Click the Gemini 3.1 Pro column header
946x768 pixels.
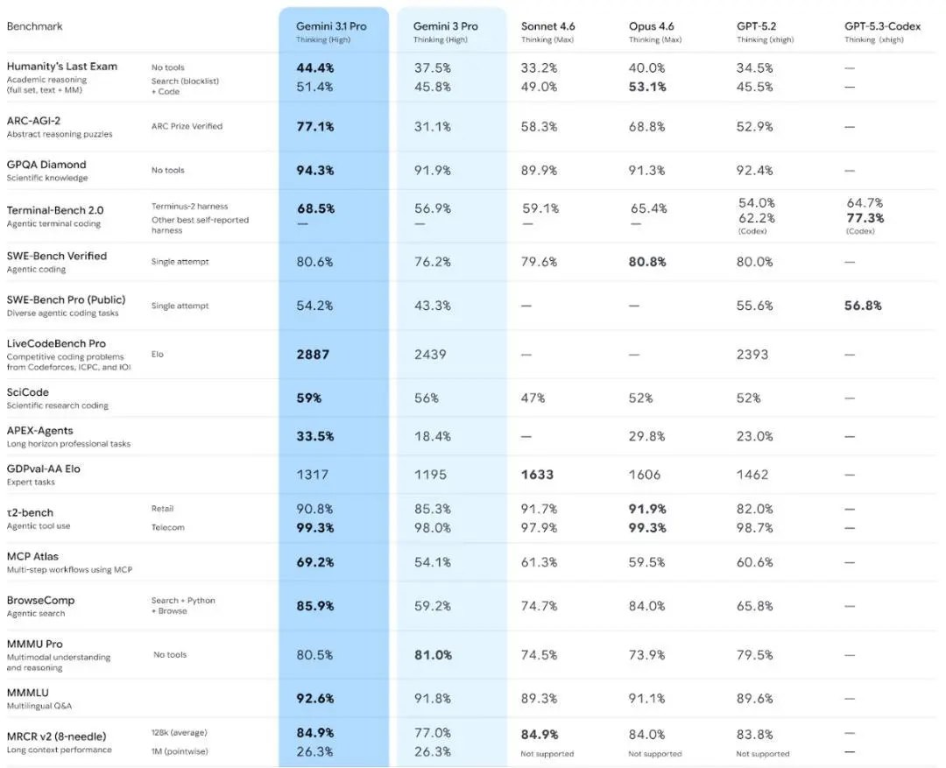point(331,26)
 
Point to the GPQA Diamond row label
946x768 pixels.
point(46,165)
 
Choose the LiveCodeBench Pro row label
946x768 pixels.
point(56,343)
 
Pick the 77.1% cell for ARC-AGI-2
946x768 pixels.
point(315,127)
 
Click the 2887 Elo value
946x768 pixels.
point(313,355)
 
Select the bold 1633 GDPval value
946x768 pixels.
point(537,475)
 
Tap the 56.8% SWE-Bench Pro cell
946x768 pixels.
point(863,306)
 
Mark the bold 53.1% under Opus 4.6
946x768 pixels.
point(647,87)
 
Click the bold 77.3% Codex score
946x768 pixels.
point(865,218)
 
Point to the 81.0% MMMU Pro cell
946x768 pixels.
point(433,654)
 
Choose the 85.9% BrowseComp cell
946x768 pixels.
point(315,606)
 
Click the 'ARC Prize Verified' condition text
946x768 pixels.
point(187,126)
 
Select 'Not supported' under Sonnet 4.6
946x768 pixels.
point(547,754)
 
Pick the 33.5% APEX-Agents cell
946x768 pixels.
point(315,436)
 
